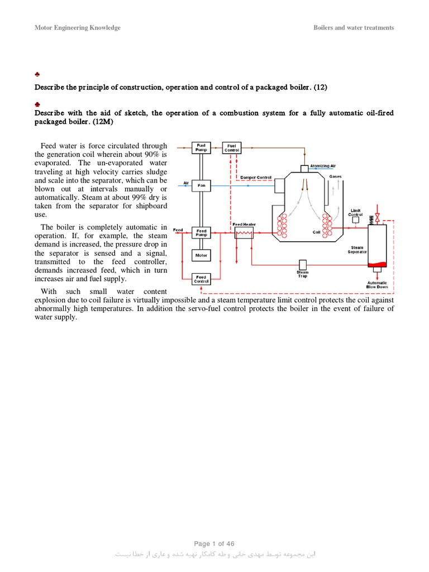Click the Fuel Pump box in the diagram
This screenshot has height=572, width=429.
(x=201, y=147)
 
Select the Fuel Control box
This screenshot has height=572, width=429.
(x=231, y=147)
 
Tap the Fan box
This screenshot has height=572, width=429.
(x=201, y=185)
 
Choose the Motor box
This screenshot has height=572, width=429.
(x=201, y=255)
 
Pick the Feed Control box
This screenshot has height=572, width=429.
(x=201, y=279)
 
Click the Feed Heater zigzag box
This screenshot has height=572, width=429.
(x=244, y=235)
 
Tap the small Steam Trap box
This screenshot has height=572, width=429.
(x=302, y=264)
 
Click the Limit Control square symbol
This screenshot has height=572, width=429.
(x=355, y=221)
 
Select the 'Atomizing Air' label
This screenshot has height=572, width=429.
(x=323, y=165)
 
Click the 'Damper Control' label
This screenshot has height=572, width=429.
(x=255, y=177)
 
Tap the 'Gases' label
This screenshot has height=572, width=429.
(x=335, y=177)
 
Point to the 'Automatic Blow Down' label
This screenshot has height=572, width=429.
(x=377, y=284)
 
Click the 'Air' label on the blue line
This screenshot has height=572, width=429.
(x=186, y=183)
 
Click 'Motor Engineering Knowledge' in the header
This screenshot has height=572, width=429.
(x=78, y=28)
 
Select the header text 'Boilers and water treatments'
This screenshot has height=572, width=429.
(x=354, y=28)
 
